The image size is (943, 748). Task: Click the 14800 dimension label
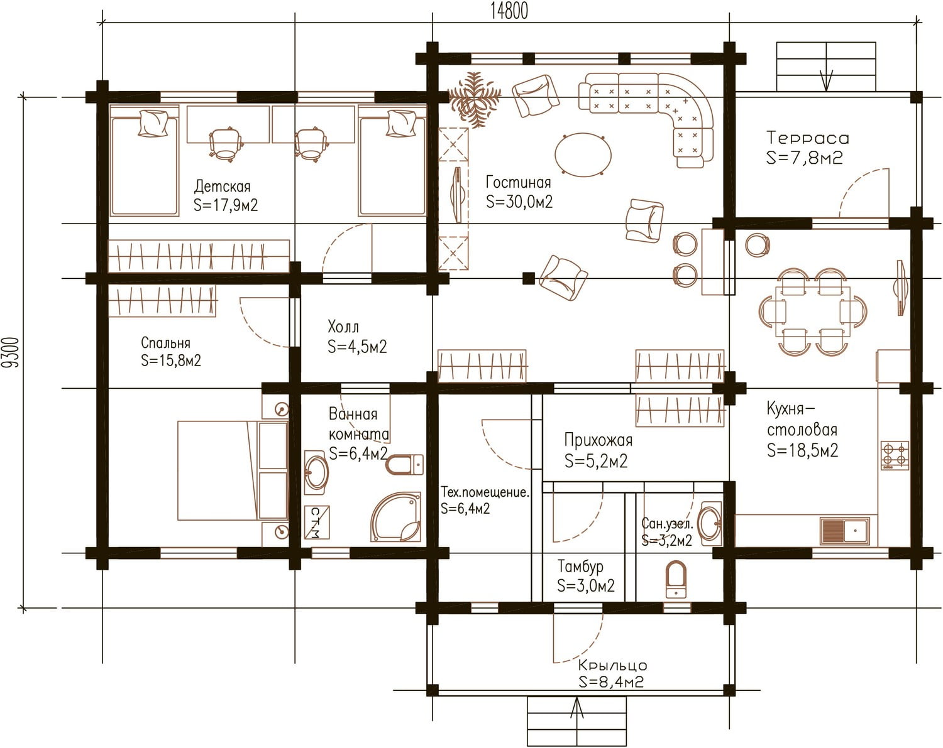point(509,11)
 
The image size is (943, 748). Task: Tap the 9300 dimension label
point(11,352)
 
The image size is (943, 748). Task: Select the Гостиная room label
point(518,182)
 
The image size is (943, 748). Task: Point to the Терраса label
point(808,138)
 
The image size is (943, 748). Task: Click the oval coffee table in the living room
point(583,154)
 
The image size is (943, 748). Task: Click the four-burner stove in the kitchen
point(895,455)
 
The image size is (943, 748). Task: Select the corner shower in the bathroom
point(395,518)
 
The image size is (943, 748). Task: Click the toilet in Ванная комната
point(404,465)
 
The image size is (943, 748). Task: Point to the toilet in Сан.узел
point(676,580)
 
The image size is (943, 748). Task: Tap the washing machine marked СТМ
point(316,522)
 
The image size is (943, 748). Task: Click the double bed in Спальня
point(233,471)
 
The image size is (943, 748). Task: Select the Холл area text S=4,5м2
point(357,347)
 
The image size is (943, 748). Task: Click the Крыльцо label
point(612,666)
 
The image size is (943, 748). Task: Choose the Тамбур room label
point(580,566)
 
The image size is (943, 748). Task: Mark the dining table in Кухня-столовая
point(812,312)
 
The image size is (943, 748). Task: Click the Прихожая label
point(598,440)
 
